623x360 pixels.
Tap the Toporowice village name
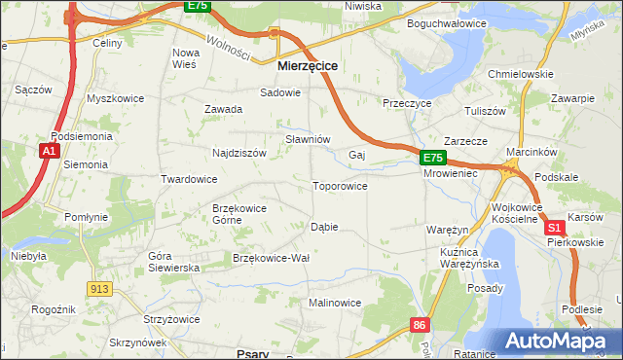(x=340, y=186)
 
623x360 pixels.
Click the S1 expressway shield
(x=555, y=227)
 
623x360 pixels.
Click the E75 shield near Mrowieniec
(x=433, y=157)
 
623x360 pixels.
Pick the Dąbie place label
(x=324, y=227)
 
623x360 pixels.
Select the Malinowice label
(x=335, y=303)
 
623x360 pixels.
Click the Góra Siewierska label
(x=173, y=262)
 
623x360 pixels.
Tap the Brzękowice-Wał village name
(x=271, y=258)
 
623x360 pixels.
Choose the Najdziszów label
(x=239, y=153)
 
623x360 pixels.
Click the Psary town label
(x=253, y=354)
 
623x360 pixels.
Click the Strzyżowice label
(x=172, y=319)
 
